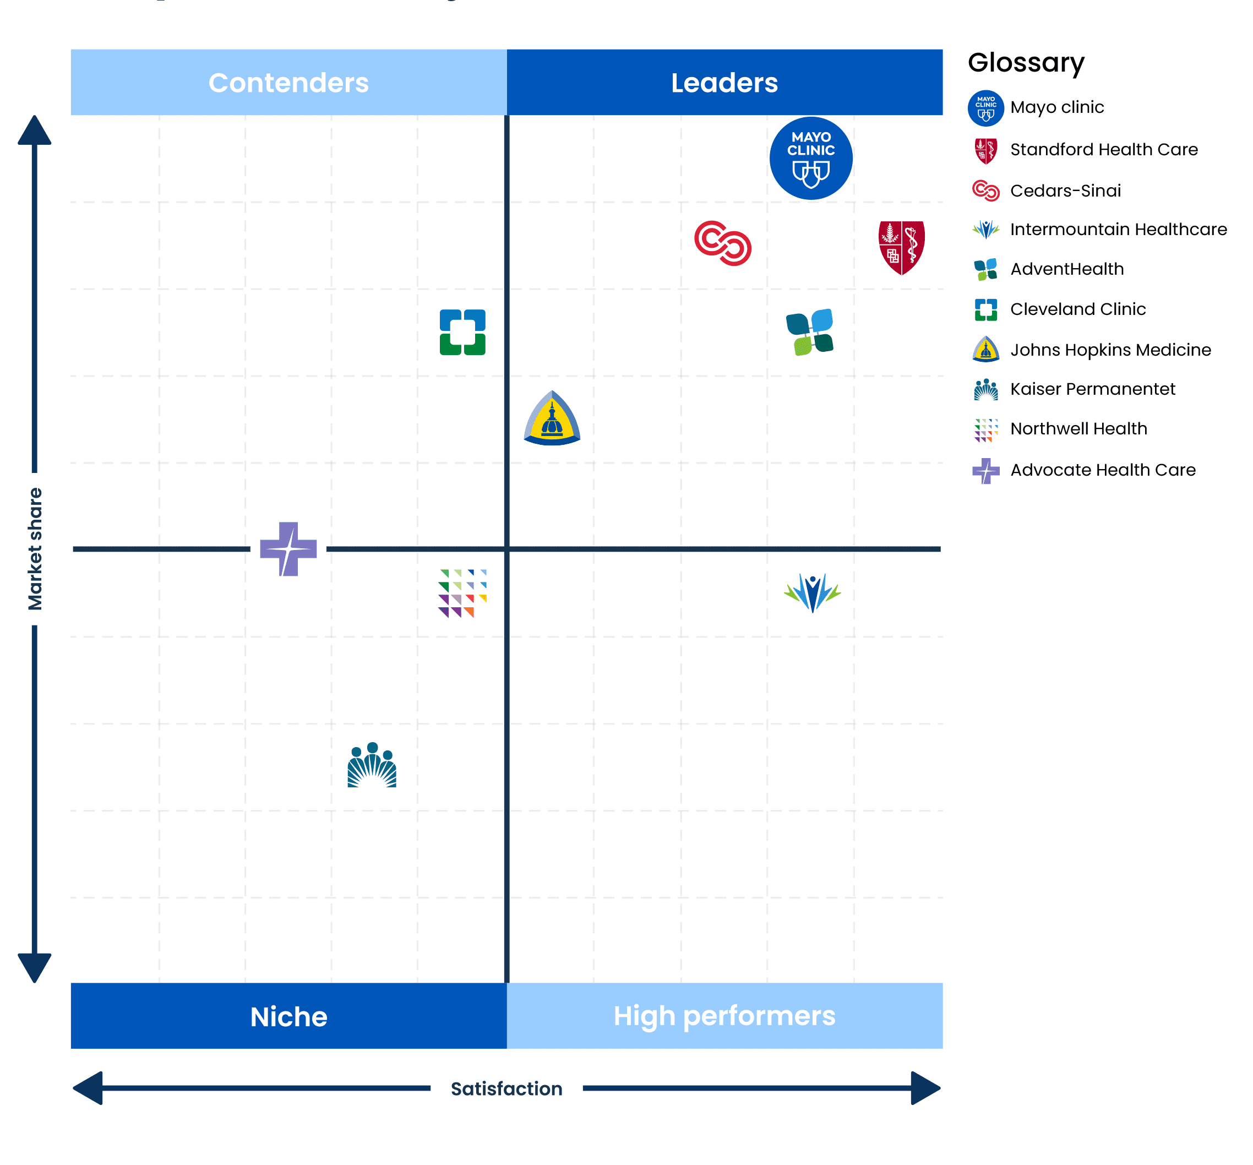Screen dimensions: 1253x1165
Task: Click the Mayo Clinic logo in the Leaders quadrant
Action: click(810, 158)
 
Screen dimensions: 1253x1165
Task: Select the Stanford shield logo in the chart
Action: click(901, 247)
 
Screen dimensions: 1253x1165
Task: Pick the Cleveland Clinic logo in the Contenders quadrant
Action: click(462, 332)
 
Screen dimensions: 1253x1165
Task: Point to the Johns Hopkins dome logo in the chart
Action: click(552, 418)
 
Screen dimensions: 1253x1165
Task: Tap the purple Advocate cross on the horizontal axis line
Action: click(288, 549)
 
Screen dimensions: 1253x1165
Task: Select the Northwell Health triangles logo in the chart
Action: click(462, 593)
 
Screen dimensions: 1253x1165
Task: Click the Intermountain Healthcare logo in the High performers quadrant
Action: click(813, 593)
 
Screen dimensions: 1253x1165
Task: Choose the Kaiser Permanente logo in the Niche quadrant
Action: click(372, 765)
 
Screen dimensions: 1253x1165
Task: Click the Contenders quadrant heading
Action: click(288, 83)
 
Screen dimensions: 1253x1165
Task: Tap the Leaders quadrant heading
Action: click(725, 83)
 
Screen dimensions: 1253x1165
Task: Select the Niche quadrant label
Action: click(288, 1017)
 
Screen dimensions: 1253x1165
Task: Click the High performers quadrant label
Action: click(725, 1016)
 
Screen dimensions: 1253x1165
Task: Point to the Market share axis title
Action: click(35, 549)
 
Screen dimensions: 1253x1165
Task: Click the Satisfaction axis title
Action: click(506, 1088)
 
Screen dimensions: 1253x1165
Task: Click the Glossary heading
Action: click(1026, 63)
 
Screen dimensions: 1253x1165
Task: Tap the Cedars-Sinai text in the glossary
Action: click(1066, 190)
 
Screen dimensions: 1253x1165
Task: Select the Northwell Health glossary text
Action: click(1079, 429)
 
